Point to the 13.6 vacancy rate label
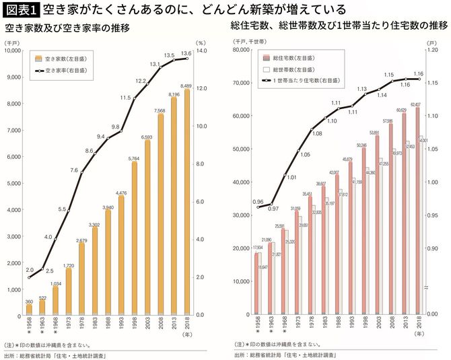186,53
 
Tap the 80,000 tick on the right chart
240,50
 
